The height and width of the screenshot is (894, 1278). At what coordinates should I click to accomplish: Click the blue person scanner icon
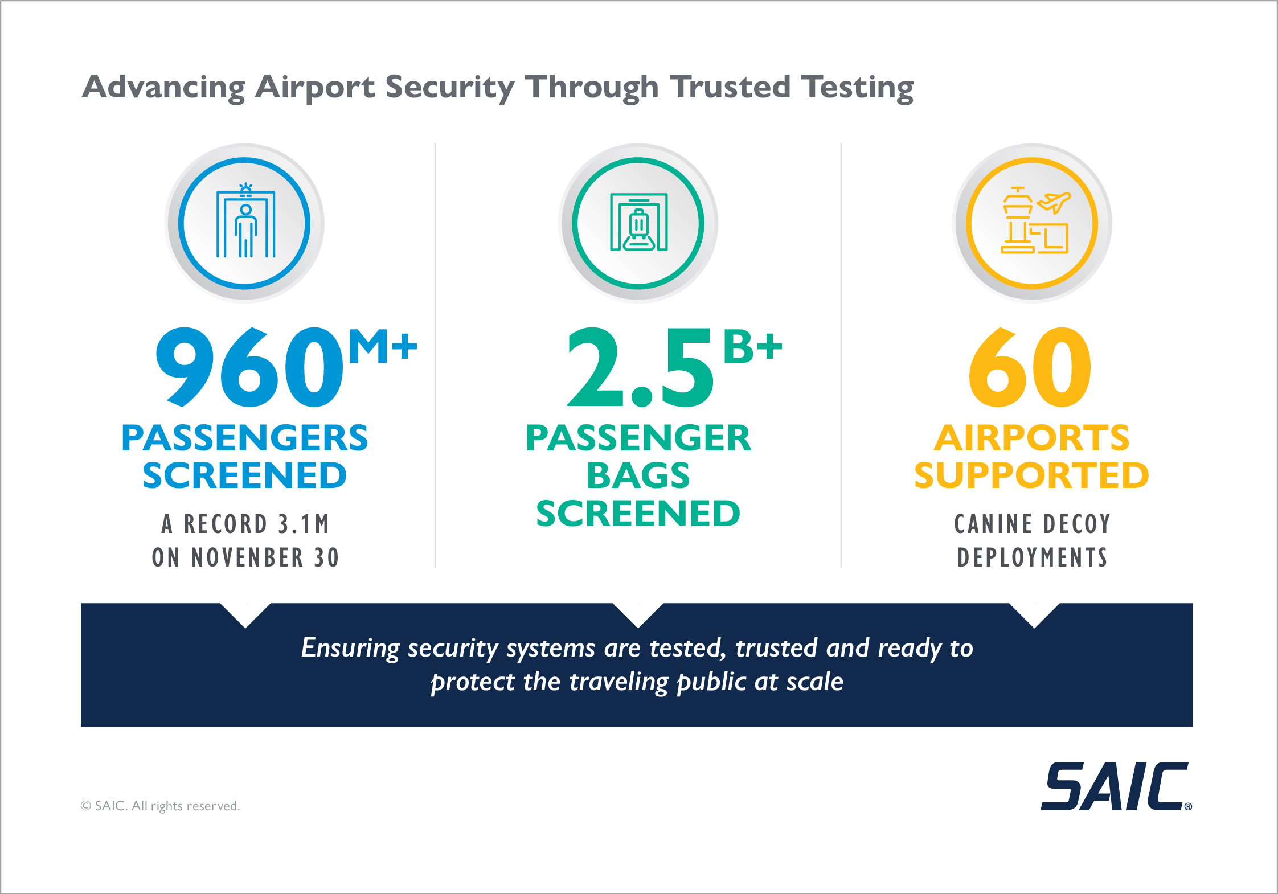(245, 223)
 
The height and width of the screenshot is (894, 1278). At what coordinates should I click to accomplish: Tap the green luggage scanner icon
(638, 223)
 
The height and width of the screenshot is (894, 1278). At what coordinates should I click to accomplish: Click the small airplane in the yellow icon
(1054, 202)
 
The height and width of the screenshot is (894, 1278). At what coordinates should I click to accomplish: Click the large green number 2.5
(640, 367)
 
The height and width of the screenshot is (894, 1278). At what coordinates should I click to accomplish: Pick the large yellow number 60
(1030, 367)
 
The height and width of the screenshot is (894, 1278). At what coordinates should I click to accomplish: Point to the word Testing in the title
(858, 88)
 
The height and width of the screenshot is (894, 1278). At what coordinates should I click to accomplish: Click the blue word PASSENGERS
(245, 438)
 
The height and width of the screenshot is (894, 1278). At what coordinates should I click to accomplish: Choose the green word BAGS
(638, 475)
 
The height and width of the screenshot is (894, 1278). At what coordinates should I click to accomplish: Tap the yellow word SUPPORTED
(1031, 475)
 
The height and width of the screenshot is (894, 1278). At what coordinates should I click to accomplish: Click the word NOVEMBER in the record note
(247, 557)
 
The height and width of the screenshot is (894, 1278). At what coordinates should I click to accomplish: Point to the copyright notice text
(160, 806)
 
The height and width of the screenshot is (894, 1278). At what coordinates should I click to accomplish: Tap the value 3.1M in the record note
(304, 524)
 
